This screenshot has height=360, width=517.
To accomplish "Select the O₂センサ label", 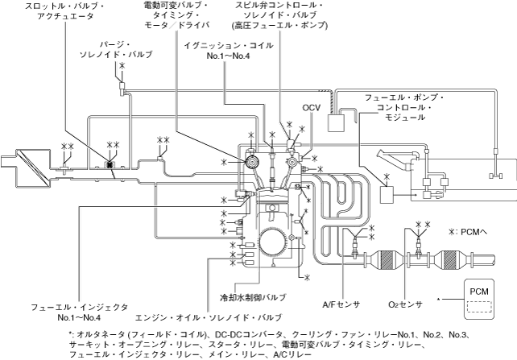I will coord(405,304).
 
